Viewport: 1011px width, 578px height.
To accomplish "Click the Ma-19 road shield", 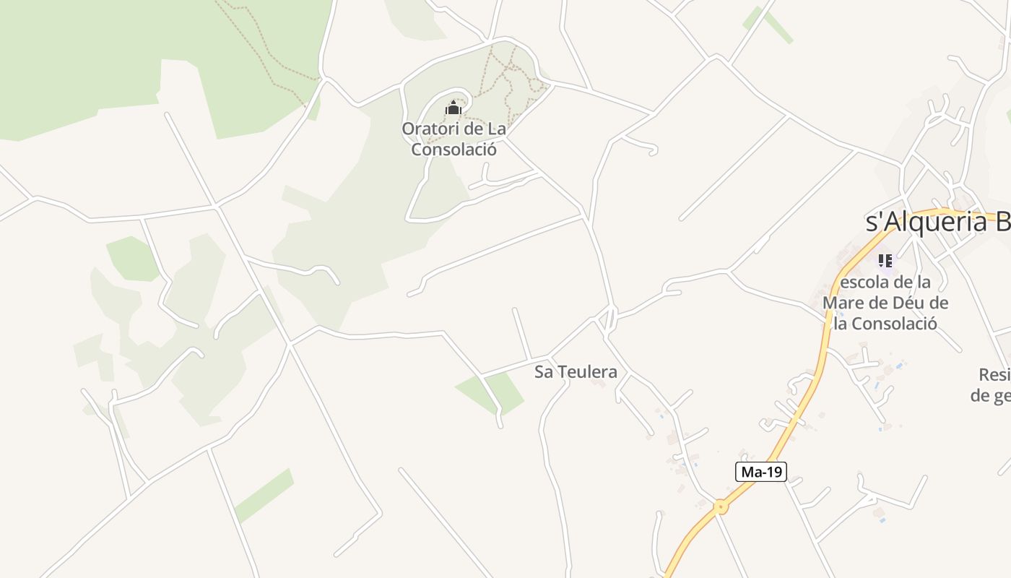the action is click(x=761, y=473).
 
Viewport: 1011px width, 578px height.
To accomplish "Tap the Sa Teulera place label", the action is click(x=576, y=372).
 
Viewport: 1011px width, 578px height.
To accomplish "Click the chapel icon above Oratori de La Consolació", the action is click(x=454, y=108).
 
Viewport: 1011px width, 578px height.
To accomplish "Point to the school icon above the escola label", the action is click(x=885, y=261).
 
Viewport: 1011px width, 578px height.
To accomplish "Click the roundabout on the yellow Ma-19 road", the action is click(x=720, y=506).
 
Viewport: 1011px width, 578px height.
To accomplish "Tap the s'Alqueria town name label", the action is click(x=937, y=223).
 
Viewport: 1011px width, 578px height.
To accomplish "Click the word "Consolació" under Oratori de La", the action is click(x=454, y=150).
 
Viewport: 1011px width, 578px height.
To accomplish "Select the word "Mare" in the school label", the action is click(x=846, y=303).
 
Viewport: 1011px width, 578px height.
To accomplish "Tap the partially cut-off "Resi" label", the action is click(x=994, y=375).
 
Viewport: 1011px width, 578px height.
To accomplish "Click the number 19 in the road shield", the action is click(x=773, y=473).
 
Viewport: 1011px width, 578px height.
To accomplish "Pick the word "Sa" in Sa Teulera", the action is click(x=543, y=372).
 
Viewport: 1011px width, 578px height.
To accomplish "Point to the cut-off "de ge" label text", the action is click(x=990, y=395).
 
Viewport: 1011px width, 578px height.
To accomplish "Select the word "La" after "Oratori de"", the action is click(x=496, y=129).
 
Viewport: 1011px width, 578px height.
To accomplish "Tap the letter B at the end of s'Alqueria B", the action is click(x=1002, y=223).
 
